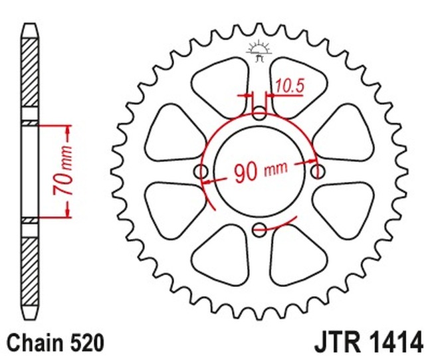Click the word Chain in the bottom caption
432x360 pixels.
33,343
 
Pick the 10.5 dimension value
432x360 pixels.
288,85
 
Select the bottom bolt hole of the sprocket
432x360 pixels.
260,230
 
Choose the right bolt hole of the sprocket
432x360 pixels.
318,171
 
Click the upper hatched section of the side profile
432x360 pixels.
30,73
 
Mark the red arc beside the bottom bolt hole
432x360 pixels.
279,225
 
